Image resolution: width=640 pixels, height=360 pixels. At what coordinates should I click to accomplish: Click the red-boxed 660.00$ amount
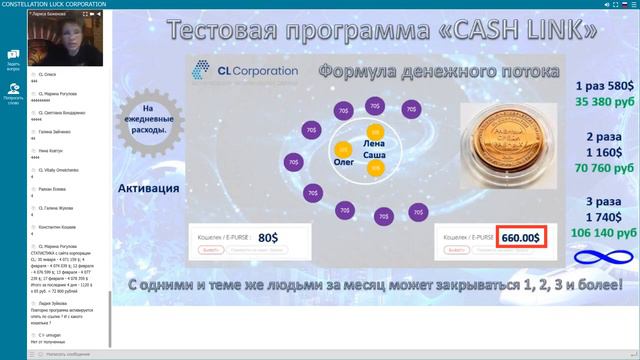[520, 238]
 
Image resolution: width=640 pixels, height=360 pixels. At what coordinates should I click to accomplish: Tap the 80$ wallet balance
[268, 238]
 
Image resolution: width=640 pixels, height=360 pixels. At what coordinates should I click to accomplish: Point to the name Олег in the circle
[343, 159]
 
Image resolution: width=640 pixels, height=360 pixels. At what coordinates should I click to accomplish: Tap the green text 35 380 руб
[600, 101]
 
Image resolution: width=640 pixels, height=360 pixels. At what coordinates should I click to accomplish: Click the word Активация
[148, 188]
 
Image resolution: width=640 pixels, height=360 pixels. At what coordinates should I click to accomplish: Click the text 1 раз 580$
[600, 86]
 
